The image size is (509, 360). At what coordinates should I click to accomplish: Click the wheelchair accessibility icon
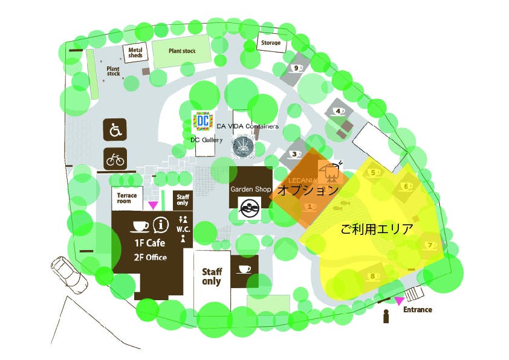(115, 129)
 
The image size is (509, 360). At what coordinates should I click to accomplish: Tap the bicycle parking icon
(115, 158)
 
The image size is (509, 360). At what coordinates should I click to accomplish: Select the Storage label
(271, 43)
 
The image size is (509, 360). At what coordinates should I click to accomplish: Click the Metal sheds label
(135, 53)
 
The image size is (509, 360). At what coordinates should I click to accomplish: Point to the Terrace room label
(127, 198)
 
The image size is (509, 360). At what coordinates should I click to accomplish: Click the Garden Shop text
(250, 189)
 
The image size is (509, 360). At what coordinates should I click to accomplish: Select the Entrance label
(418, 310)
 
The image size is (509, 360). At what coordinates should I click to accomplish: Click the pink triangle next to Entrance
(398, 300)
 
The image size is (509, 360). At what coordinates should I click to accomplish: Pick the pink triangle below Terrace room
(152, 205)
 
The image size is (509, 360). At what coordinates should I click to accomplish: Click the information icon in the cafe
(160, 225)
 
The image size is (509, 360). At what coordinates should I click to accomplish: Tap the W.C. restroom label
(183, 229)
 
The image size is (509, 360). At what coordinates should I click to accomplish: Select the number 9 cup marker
(297, 68)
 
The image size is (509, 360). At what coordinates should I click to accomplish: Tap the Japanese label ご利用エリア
(376, 230)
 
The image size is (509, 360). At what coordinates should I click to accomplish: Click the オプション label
(308, 190)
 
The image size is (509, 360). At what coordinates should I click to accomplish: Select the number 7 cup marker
(430, 245)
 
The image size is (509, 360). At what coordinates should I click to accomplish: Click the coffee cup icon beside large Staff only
(245, 269)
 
